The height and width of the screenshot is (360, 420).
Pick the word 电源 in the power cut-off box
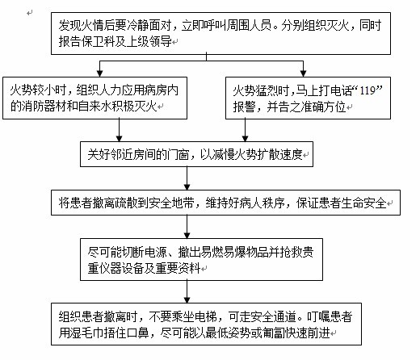[156, 252]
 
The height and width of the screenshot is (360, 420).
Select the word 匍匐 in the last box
[285, 333]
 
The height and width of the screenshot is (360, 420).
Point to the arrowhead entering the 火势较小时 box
[100, 73]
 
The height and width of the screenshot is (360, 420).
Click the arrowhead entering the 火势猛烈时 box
[303, 73]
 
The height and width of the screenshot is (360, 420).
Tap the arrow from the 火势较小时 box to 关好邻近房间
[120, 130]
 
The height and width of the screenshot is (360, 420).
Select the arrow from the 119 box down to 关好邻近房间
[245, 130]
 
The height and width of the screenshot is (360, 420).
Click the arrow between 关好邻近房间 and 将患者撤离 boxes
[187, 178]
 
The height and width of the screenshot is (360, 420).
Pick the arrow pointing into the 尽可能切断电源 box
[187, 227]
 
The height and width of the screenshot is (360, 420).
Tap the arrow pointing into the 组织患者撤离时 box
[187, 292]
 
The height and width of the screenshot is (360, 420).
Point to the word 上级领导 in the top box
[149, 41]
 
